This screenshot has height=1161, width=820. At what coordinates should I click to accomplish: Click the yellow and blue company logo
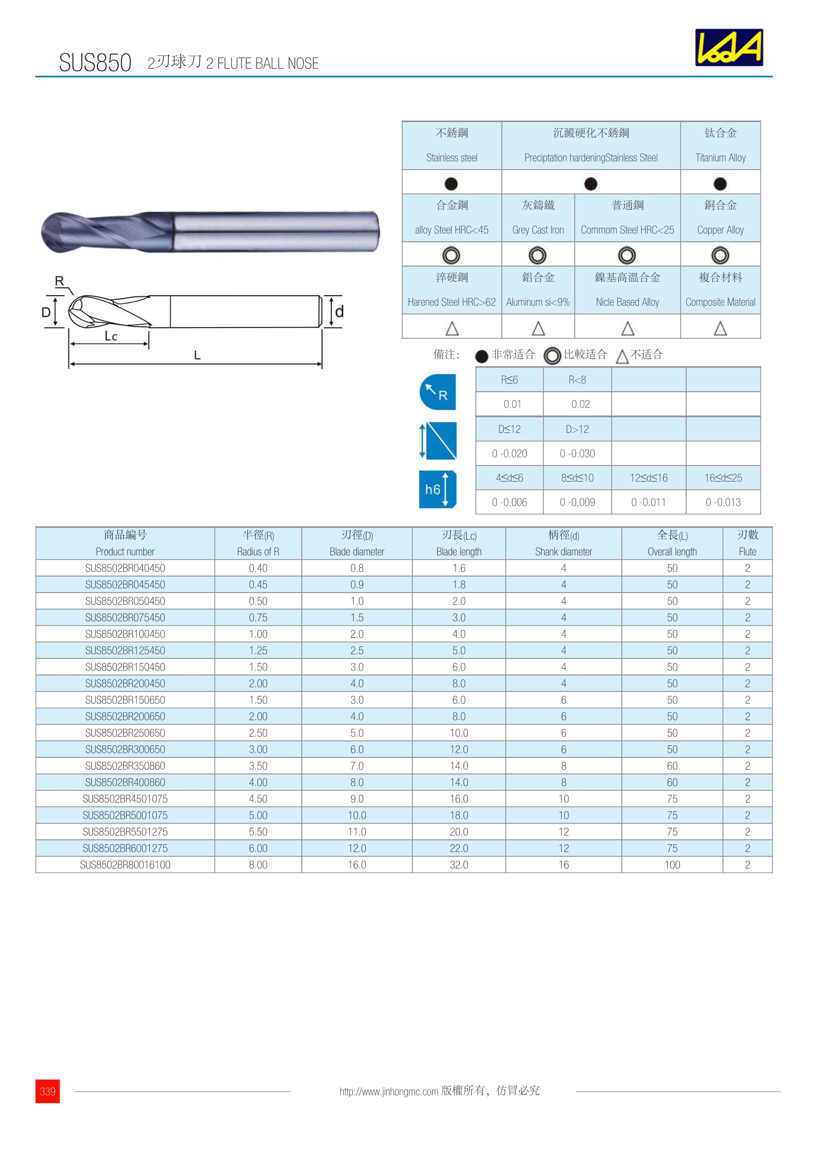tap(729, 48)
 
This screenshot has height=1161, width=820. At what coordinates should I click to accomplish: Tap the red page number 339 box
tap(48, 1091)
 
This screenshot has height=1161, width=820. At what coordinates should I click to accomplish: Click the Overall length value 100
tap(672, 865)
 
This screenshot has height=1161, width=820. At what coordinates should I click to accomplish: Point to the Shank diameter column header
tap(563, 543)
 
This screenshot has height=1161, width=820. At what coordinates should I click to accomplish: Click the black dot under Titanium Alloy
tap(720, 184)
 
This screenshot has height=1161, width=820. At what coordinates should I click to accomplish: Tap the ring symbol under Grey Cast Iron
tap(538, 255)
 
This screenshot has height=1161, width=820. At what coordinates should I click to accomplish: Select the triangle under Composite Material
tap(720, 329)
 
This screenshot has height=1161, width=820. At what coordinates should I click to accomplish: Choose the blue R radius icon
tap(438, 392)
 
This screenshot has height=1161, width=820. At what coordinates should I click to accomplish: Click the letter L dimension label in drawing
tap(197, 355)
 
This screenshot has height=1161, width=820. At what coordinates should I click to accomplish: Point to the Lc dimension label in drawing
tap(111, 336)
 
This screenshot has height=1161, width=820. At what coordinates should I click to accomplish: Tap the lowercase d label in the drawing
tap(339, 311)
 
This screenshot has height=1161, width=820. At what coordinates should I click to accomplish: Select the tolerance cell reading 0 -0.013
tap(723, 502)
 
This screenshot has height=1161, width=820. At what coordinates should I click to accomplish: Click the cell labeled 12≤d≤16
tap(648, 478)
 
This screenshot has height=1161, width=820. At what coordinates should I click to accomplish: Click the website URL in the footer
tap(389, 1091)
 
